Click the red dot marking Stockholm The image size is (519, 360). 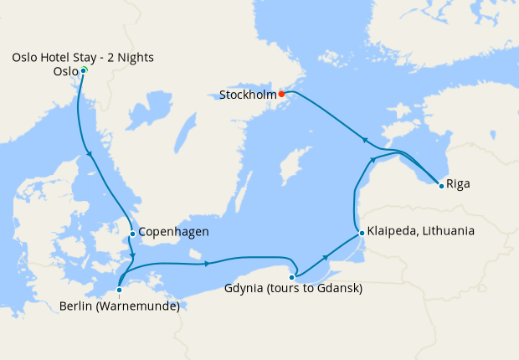pos(282,94)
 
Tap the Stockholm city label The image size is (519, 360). pos(248,95)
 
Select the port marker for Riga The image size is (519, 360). pos(441,185)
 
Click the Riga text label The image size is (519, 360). pos(458,183)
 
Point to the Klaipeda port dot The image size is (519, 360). pos(361,232)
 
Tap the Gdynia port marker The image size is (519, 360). pos(292,277)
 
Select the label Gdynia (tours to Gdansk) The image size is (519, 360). pos(293,290)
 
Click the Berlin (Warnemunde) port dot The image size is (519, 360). pos(120,291)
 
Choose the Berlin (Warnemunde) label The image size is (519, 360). pos(120,306)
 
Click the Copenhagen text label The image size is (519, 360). pos(173,232)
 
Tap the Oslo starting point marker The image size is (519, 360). pos(84,70)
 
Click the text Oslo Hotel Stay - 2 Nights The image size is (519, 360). pos(83,57)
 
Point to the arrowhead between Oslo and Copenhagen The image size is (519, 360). pos(89,153)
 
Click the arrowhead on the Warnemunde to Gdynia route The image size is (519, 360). pos(207,265)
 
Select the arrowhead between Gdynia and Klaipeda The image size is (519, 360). pos(326,257)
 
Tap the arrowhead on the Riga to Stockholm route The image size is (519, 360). pos(363,139)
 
